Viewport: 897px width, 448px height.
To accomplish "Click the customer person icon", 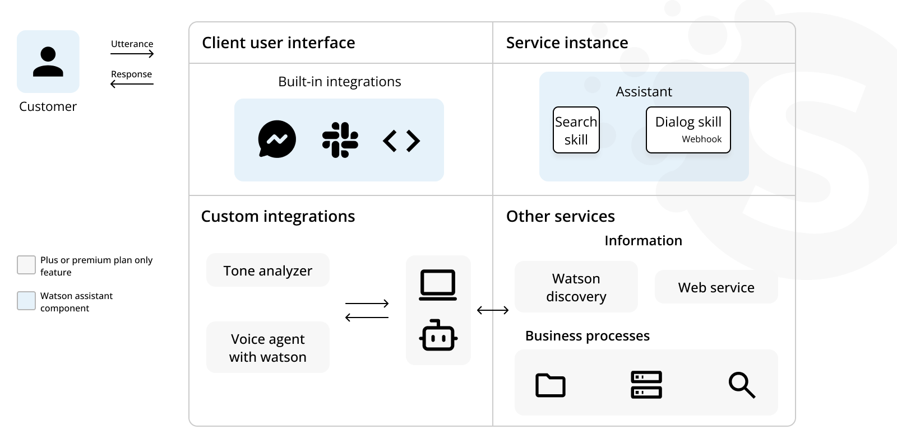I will pyautogui.click(x=48, y=62).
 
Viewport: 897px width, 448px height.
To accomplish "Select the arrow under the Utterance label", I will pyautogui.click(x=132, y=54).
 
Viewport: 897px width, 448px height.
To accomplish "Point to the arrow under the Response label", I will pyautogui.click(x=132, y=84).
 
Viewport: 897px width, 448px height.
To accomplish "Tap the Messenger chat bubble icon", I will pyautogui.click(x=277, y=139).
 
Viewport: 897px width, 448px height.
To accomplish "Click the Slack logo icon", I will pyautogui.click(x=340, y=140).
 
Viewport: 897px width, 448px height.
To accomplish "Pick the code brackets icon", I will pyautogui.click(x=401, y=141).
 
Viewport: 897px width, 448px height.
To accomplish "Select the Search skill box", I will pyautogui.click(x=576, y=130).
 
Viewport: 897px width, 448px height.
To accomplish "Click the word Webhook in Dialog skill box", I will pyautogui.click(x=701, y=139).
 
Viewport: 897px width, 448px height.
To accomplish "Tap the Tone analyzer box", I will pyautogui.click(x=268, y=270).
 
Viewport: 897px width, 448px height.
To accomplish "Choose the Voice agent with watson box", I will pyautogui.click(x=268, y=348).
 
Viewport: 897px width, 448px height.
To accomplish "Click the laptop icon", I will pyautogui.click(x=438, y=285).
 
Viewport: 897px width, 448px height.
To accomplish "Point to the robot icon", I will pyautogui.click(x=438, y=335).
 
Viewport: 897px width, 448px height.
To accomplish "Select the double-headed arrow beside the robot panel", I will pyautogui.click(x=493, y=310).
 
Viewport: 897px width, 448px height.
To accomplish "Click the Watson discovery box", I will pyautogui.click(x=576, y=287).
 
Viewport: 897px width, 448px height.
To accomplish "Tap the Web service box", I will pyautogui.click(x=716, y=287).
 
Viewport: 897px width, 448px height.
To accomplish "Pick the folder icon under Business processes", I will pyautogui.click(x=551, y=385).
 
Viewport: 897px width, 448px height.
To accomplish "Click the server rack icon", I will pyautogui.click(x=646, y=385).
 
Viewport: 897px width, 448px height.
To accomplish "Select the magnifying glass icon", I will pyautogui.click(x=742, y=385).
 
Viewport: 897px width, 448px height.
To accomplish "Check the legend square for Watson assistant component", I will pyautogui.click(x=26, y=301).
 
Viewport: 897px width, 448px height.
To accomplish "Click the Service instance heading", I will pyautogui.click(x=567, y=43).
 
